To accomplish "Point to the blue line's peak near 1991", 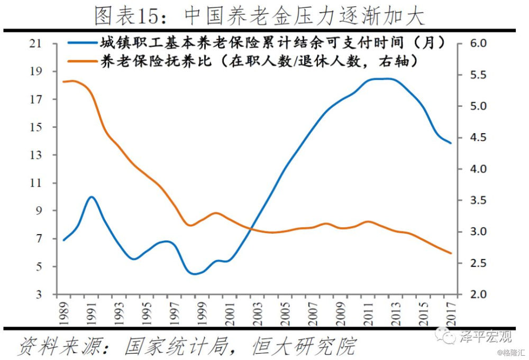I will click(x=92, y=197).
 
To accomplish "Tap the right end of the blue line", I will click(x=451, y=143).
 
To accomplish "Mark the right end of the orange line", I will click(x=451, y=253).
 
